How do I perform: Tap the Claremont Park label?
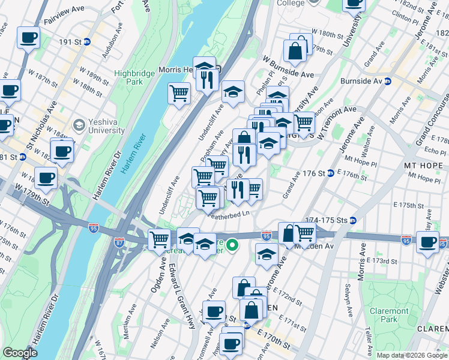pyautogui.click(x=390, y=316)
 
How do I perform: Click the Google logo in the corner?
pyautogui.click(x=20, y=353)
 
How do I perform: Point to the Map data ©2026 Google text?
pyautogui.click(x=412, y=355)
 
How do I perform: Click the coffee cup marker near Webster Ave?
pyautogui.click(x=427, y=242)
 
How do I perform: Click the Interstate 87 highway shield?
pyautogui.click(x=120, y=243)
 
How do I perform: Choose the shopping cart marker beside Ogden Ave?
pyautogui.click(x=160, y=239)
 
